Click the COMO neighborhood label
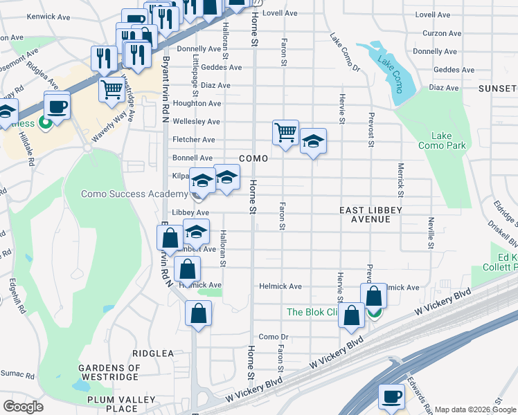[254, 158]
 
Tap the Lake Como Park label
[442, 140]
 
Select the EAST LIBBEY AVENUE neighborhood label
[370, 214]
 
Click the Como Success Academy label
[134, 194]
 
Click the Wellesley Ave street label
[197, 122]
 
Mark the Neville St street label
[431, 233]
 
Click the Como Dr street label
[273, 337]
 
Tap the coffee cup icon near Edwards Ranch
[392, 396]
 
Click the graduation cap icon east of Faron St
[313, 141]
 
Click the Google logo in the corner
[24, 407]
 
